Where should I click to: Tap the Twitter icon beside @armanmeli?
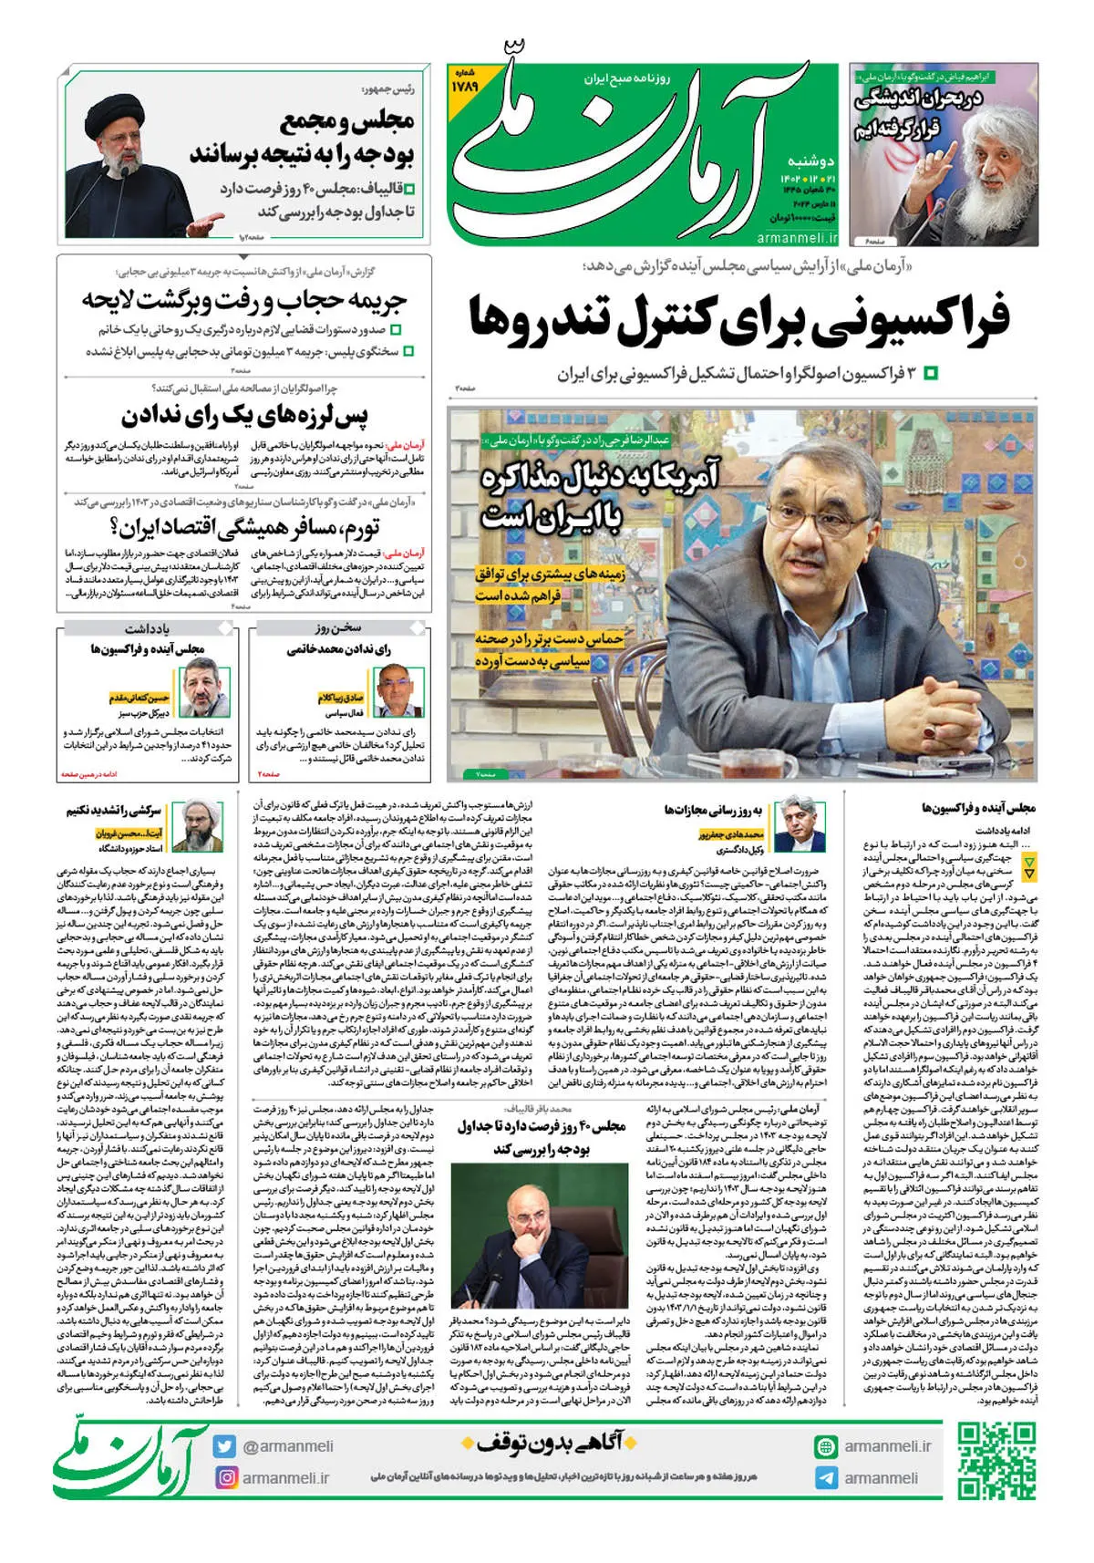tap(225, 1446)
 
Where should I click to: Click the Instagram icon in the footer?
tap(225, 1477)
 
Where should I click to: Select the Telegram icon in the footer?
tap(826, 1478)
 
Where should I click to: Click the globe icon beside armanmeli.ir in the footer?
tap(826, 1446)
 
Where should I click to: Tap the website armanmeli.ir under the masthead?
tap(797, 238)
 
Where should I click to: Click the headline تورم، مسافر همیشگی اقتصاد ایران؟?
tap(244, 528)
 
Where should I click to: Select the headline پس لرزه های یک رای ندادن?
tap(245, 417)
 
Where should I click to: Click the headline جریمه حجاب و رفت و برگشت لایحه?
tap(244, 300)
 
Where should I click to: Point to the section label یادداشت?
tap(147, 629)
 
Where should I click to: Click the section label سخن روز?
tap(339, 629)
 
